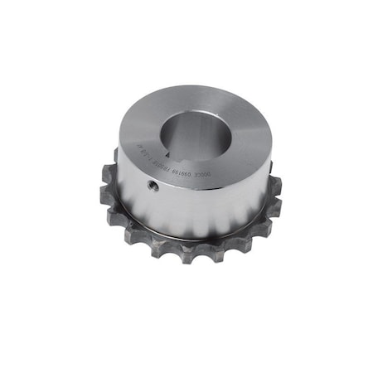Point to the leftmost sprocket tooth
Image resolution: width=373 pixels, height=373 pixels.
(x=105, y=196)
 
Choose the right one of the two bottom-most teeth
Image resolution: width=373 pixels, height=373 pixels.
(x=207, y=253)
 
